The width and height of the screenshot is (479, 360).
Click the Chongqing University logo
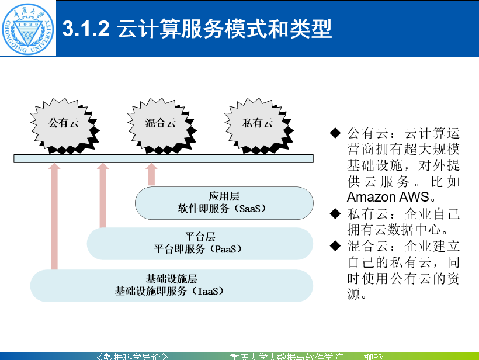(29, 28)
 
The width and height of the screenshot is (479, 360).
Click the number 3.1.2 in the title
(86, 29)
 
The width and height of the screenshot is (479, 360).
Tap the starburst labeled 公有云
(63, 123)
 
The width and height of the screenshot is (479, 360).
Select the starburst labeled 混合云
(160, 123)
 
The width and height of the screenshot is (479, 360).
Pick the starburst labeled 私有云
(257, 123)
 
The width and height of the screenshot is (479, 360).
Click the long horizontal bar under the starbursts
(164, 158)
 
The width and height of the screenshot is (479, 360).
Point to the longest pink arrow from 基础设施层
(54, 216)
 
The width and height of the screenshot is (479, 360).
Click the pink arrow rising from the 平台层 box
(103, 195)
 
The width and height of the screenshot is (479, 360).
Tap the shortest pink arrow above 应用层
(152, 174)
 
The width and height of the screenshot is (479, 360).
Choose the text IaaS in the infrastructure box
(207, 290)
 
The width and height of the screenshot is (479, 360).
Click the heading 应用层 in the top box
(224, 196)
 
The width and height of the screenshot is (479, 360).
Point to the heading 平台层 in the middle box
(200, 237)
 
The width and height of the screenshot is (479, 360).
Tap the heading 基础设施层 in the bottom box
(171, 278)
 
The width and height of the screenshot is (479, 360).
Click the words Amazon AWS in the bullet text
(388, 197)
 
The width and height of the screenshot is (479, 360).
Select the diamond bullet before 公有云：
(335, 133)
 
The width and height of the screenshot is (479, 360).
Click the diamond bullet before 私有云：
(335, 212)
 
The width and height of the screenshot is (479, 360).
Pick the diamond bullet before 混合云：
(335, 244)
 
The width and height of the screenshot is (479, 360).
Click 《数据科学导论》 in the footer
(133, 356)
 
